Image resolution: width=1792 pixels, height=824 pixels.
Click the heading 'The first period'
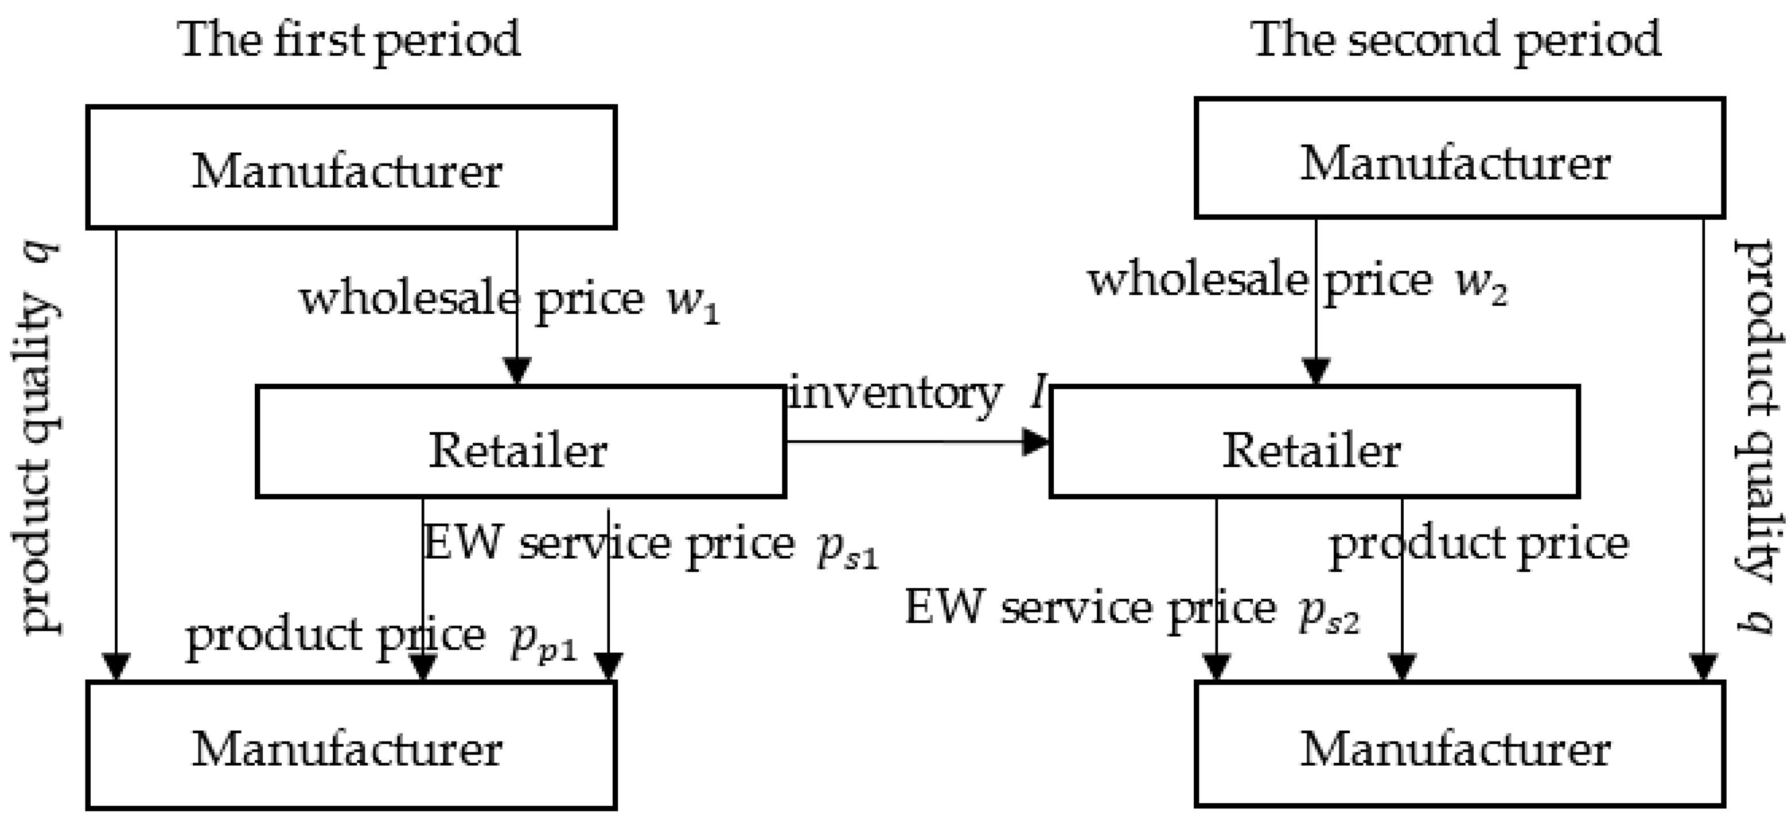point(350,40)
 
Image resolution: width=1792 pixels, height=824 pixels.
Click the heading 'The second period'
point(1456,40)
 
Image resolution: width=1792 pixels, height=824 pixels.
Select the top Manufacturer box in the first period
point(350,167)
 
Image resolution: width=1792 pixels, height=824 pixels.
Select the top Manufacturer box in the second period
point(1459,158)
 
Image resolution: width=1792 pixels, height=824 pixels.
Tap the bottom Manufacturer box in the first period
point(350,745)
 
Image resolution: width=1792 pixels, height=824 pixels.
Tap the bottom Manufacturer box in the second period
point(1459,745)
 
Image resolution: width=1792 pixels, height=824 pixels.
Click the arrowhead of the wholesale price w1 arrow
point(517,370)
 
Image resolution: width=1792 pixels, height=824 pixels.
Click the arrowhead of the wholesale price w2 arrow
point(1315,370)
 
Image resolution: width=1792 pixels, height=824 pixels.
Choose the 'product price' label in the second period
point(1478,544)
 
